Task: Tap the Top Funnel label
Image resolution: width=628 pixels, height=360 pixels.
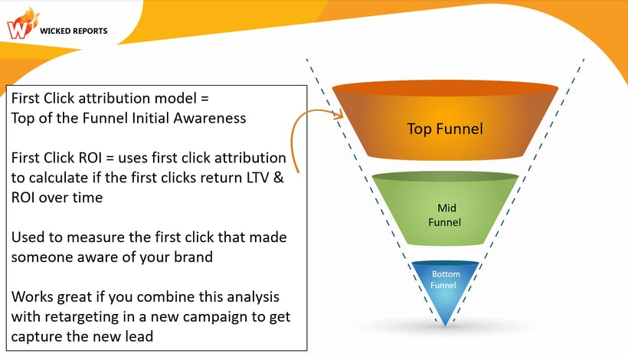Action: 444,129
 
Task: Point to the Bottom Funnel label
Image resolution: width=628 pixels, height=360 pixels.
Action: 445,280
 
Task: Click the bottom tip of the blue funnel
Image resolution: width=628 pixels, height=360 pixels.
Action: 445,321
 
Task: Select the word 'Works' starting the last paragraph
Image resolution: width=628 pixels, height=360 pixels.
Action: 31,296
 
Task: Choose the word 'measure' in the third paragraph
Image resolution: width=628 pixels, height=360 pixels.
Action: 98,237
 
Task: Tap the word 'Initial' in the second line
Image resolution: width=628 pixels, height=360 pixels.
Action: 155,118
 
